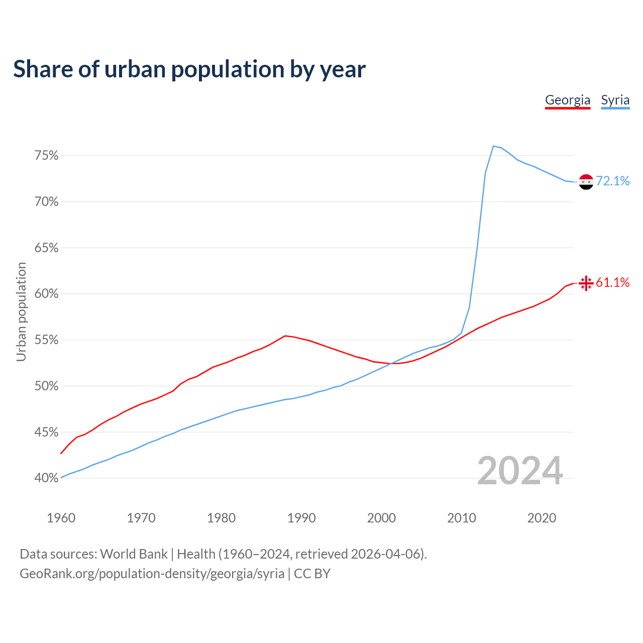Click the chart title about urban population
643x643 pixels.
pos(189,69)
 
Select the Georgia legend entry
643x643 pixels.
pos(568,100)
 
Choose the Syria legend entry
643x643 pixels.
pos(615,100)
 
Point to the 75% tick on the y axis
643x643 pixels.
pos(47,156)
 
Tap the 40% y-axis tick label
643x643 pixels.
pos(47,478)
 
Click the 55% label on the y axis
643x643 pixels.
pos(47,340)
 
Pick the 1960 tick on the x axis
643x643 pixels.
pos(61,518)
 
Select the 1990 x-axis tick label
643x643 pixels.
pos(301,518)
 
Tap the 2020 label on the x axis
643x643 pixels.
pos(542,518)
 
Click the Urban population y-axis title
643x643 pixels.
pos(21,311)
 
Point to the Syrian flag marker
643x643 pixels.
pos(586,182)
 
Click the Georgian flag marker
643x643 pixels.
pos(586,283)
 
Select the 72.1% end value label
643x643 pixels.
pos(613,181)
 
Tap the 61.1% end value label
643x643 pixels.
pos(613,283)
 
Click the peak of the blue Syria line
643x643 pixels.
pos(493,146)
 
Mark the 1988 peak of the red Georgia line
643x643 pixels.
pos(285,336)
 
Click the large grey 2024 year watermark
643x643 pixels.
pos(520,471)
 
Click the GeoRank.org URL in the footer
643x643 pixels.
pos(152,574)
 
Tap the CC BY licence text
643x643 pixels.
pos(312,574)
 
